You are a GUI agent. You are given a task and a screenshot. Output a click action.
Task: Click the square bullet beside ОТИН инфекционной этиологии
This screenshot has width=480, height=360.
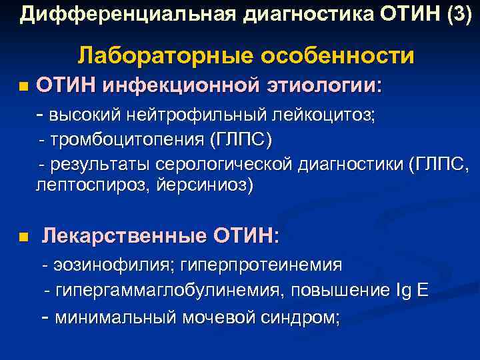click(x=24, y=87)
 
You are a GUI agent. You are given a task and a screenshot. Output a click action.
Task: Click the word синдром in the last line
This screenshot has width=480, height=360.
click(x=302, y=316)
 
